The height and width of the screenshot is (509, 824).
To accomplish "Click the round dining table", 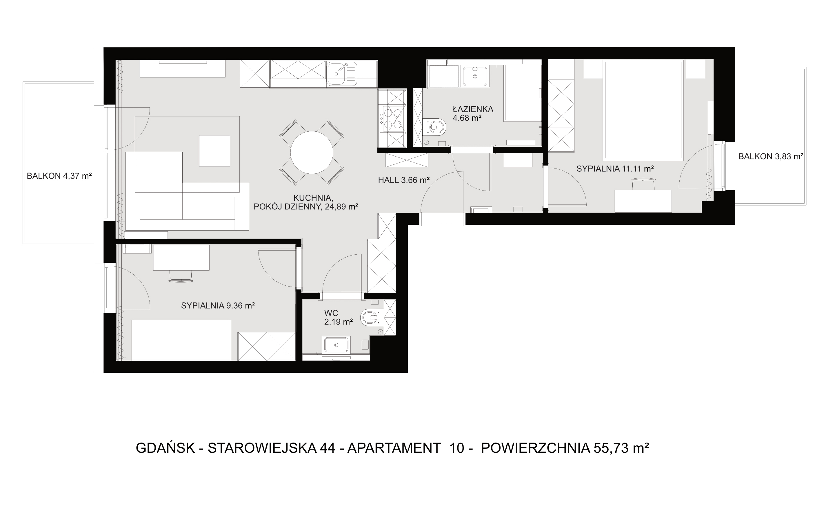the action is pyautogui.click(x=312, y=153).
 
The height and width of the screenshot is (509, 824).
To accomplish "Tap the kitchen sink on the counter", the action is pyautogui.click(x=341, y=74).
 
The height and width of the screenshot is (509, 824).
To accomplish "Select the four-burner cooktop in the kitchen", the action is pyautogui.click(x=392, y=119).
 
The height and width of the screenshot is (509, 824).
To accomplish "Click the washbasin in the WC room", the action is pyautogui.click(x=336, y=344).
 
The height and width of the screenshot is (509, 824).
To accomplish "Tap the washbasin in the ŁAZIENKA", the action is pyautogui.click(x=475, y=76).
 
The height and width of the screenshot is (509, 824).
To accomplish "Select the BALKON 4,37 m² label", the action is pyautogui.click(x=59, y=176).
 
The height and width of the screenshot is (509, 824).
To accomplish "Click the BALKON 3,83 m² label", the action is pyautogui.click(x=771, y=156).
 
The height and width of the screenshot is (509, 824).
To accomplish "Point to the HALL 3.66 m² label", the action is pyautogui.click(x=403, y=180).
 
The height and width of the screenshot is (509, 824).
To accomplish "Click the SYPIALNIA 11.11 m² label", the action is pyautogui.click(x=615, y=169).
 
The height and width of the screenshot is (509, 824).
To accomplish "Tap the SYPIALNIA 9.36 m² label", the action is pyautogui.click(x=218, y=306).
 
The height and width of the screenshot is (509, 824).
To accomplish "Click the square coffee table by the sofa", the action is pyautogui.click(x=214, y=151).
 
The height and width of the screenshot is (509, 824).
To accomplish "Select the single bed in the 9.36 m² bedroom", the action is pyautogui.click(x=181, y=340).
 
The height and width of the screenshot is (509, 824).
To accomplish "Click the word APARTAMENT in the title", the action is pyautogui.click(x=394, y=448).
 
